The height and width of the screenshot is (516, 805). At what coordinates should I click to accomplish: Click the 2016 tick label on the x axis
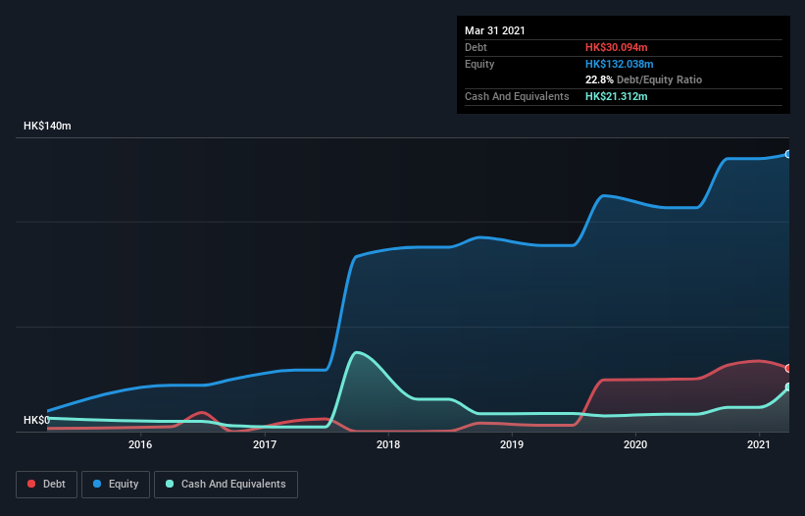tap(140, 445)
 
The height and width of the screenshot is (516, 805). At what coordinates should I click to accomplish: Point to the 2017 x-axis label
tap(264, 445)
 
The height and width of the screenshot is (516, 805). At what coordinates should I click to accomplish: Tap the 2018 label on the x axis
tap(388, 445)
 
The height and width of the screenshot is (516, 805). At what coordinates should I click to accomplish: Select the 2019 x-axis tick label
tap(512, 445)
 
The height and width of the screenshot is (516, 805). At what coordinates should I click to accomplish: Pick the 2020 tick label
tap(635, 445)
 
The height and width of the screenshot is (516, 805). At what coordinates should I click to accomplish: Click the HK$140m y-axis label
tap(47, 127)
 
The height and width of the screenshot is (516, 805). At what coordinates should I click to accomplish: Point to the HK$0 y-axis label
tap(36, 420)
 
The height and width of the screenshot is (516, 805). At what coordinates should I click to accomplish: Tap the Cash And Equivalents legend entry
tap(226, 484)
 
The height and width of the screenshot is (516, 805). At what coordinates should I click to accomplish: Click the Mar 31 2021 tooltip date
tap(495, 30)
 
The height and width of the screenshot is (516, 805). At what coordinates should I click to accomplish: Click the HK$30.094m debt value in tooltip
tap(617, 47)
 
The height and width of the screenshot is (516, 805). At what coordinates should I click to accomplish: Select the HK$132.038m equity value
tap(620, 64)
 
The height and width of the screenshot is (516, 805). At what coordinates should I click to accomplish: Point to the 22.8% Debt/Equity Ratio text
tap(643, 79)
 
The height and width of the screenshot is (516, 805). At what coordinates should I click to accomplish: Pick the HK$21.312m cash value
tap(617, 96)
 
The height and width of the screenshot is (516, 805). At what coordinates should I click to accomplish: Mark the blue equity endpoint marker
tap(787, 154)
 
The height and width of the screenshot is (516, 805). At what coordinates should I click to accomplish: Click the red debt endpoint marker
tap(787, 368)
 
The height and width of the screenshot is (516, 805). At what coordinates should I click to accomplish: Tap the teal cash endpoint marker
tap(787, 387)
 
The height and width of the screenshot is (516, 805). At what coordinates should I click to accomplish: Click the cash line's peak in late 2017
tap(358, 352)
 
